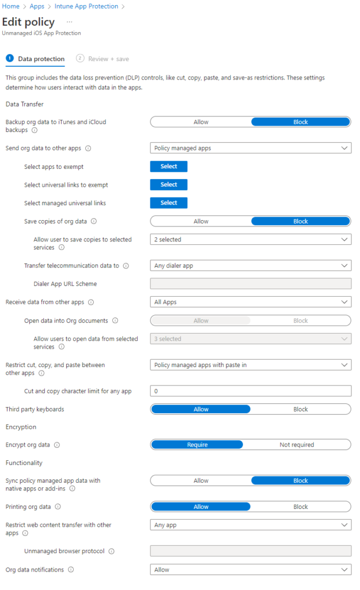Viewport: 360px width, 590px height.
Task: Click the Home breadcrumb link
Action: (11, 6)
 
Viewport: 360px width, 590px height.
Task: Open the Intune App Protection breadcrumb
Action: (86, 6)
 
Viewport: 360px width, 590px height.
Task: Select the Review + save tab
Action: (108, 59)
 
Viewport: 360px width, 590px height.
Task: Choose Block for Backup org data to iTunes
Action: (300, 122)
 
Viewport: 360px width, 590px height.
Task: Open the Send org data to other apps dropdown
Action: (250, 148)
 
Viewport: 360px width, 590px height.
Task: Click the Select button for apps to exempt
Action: (169, 167)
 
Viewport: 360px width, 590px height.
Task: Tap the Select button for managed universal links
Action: (169, 203)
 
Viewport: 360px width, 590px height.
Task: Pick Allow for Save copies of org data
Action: (200, 221)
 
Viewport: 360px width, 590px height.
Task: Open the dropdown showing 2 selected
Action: (250, 240)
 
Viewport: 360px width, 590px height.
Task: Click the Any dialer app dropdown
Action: (250, 266)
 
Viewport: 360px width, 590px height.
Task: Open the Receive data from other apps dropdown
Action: (250, 302)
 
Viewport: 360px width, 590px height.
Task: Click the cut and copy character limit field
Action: (250, 391)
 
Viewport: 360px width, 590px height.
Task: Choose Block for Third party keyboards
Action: (300, 409)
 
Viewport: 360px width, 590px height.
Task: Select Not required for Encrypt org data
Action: (297, 445)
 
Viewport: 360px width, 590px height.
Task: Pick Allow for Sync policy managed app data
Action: (200, 481)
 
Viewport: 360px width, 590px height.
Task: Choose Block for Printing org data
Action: (300, 507)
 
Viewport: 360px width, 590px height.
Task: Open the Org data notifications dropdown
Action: (250, 569)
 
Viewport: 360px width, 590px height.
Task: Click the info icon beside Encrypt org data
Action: (57, 445)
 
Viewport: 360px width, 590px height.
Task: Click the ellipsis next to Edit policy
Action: (69, 21)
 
